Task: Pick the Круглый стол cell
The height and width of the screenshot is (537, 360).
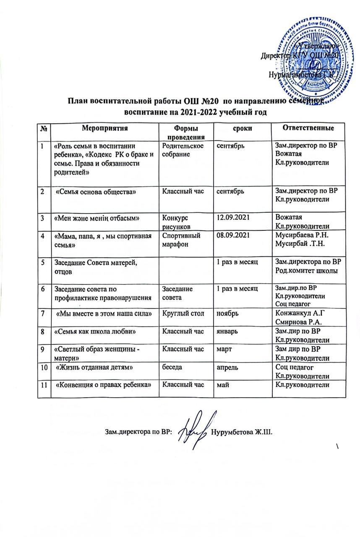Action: tap(180, 313)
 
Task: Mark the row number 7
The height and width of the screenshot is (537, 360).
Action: tap(42, 313)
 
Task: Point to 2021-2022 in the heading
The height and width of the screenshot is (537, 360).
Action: tap(196, 112)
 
